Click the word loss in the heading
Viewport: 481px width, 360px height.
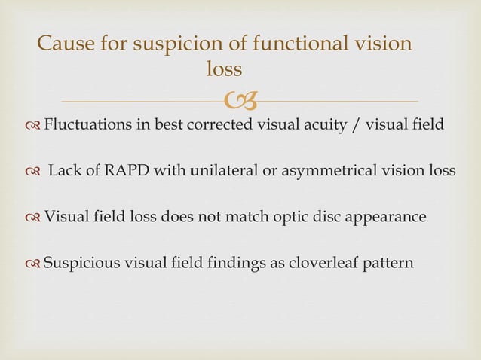(224, 70)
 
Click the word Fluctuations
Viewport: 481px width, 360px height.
(87, 124)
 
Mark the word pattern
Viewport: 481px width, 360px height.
(382, 264)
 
